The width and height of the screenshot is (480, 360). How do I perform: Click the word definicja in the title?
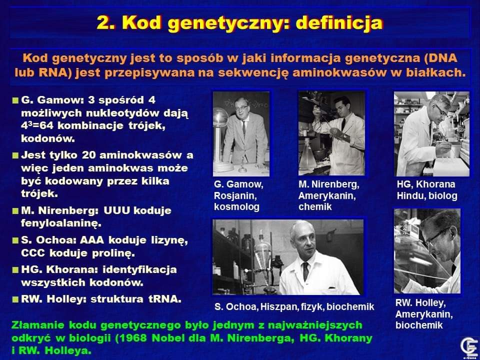(339, 23)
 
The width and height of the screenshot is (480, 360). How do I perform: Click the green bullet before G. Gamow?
(15, 100)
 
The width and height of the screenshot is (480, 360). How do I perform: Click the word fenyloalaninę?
(61, 223)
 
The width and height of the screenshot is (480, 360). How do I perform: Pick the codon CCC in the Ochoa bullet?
(33, 253)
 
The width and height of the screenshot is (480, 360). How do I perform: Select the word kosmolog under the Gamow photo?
(236, 206)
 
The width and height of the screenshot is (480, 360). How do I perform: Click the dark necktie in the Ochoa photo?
(305, 271)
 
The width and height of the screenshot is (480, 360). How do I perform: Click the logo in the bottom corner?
(469, 347)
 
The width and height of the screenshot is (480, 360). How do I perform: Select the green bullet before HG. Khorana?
(15, 270)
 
